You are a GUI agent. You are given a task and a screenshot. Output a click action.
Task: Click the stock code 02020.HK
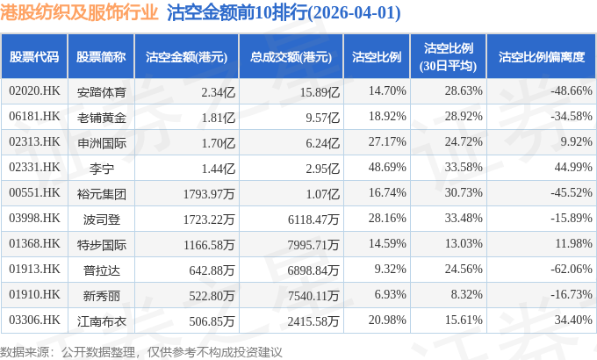pos(34,91)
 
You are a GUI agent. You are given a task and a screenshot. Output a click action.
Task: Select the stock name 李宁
pos(101,168)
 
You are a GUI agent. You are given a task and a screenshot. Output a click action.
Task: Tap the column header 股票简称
pos(101,57)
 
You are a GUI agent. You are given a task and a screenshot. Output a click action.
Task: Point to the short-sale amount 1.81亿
pos(218,117)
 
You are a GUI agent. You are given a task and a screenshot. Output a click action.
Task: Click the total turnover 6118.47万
pos(313,219)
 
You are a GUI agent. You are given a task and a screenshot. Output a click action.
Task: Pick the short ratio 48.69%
pos(387,167)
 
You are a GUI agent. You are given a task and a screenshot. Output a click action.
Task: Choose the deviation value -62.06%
pos(572,269)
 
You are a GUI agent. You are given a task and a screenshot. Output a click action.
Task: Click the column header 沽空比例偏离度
pos(542,57)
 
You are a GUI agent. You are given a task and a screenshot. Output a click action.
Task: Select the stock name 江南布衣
pos(101,321)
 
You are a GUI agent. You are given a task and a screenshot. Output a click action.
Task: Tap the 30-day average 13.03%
pos(464,244)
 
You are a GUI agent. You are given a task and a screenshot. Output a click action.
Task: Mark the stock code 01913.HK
pos(34,270)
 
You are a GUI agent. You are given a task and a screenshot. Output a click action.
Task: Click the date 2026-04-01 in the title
pos(355,13)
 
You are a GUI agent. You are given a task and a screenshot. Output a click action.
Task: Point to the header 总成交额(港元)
pos(291,57)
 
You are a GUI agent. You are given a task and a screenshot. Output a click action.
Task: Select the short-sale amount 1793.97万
pos(209,193)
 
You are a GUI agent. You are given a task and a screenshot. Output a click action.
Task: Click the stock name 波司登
pos(101,219)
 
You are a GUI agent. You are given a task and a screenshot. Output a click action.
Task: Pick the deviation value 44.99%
pos(573,167)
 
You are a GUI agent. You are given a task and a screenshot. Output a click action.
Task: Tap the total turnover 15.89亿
pos(320,92)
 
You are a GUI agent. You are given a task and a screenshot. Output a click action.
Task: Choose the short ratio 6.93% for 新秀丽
pos(390,294)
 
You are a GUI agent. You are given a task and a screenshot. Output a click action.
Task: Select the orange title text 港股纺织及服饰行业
pos(79,12)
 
